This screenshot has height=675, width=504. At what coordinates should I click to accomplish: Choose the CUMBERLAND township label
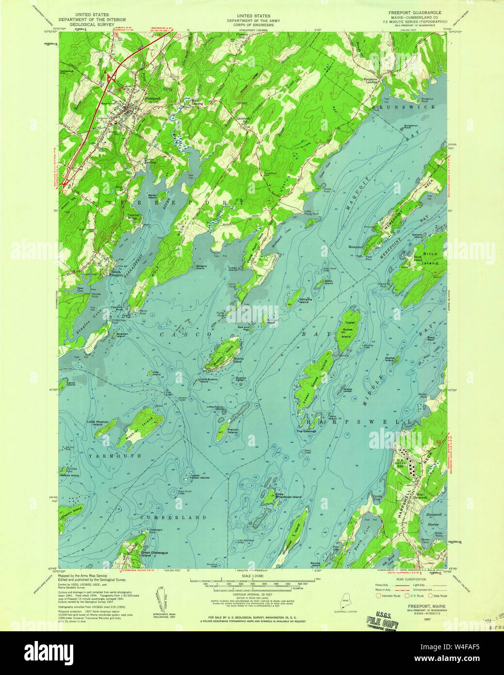(x=174, y=518)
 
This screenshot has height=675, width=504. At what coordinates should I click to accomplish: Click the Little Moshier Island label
(x=98, y=422)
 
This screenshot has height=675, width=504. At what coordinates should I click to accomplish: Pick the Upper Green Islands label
(x=199, y=477)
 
